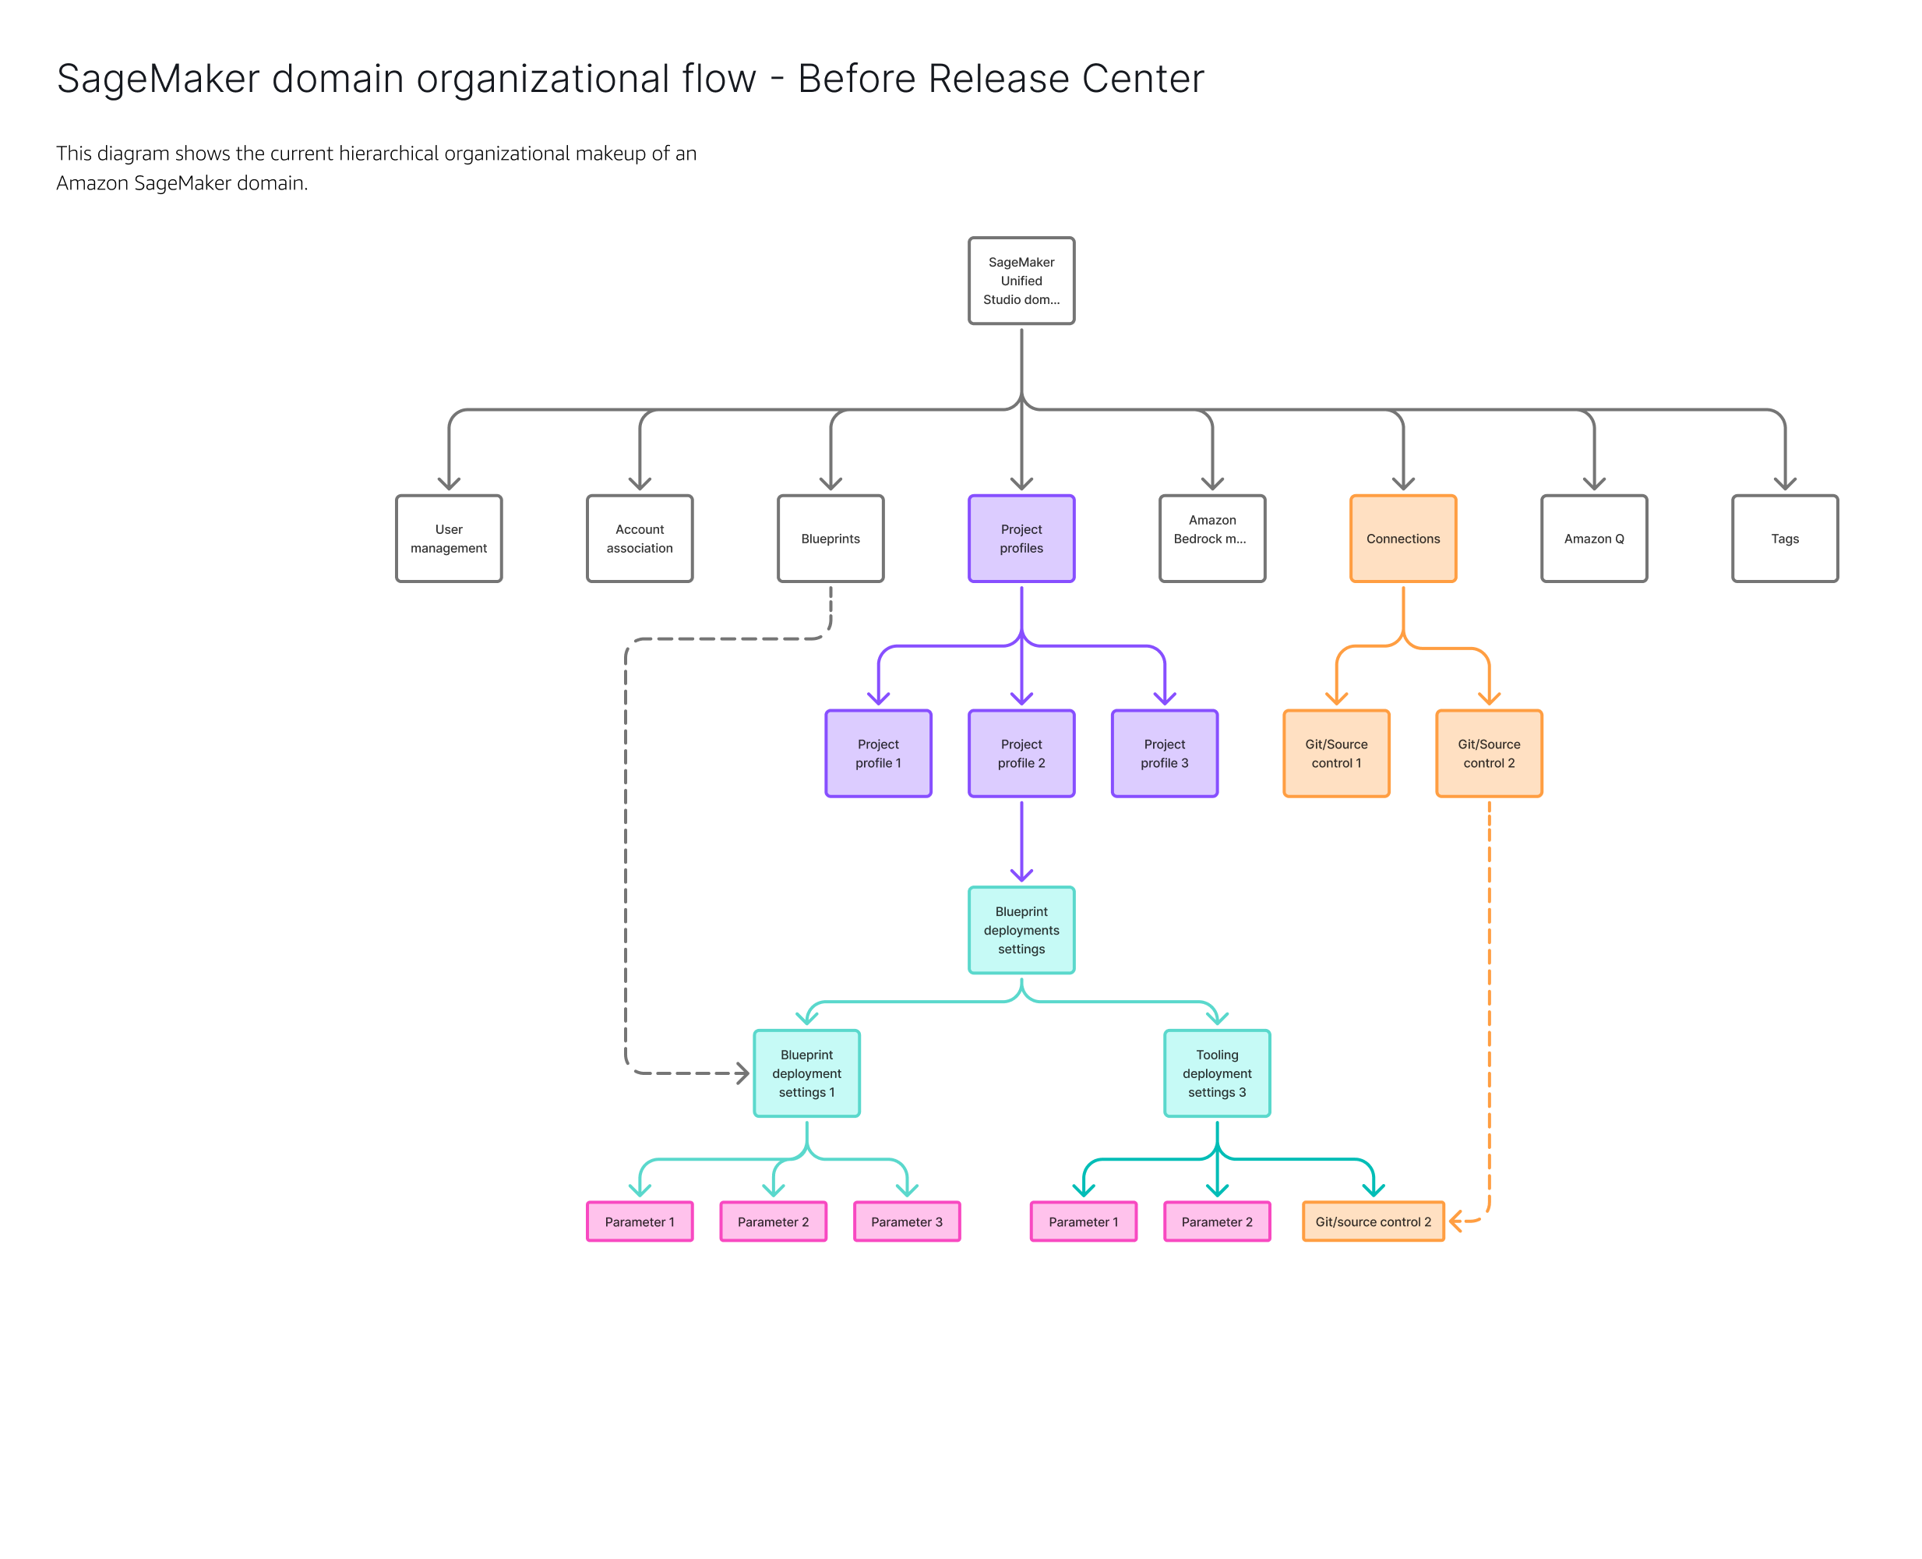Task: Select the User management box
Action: tap(449, 538)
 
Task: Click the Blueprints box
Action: tap(831, 538)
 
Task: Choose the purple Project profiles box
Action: tap(1021, 538)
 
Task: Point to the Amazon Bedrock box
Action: tap(1212, 538)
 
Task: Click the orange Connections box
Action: tap(1402, 538)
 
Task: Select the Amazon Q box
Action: tap(1593, 538)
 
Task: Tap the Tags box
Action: tap(1784, 538)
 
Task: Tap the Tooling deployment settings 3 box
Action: tap(1216, 1073)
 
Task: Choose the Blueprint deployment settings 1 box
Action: tap(806, 1073)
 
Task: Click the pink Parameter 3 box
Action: tap(907, 1221)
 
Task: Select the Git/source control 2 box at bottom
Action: tap(1373, 1221)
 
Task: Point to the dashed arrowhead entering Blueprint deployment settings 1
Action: tap(742, 1073)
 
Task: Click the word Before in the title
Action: tap(855, 79)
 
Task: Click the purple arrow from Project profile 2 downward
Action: tap(1021, 840)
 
